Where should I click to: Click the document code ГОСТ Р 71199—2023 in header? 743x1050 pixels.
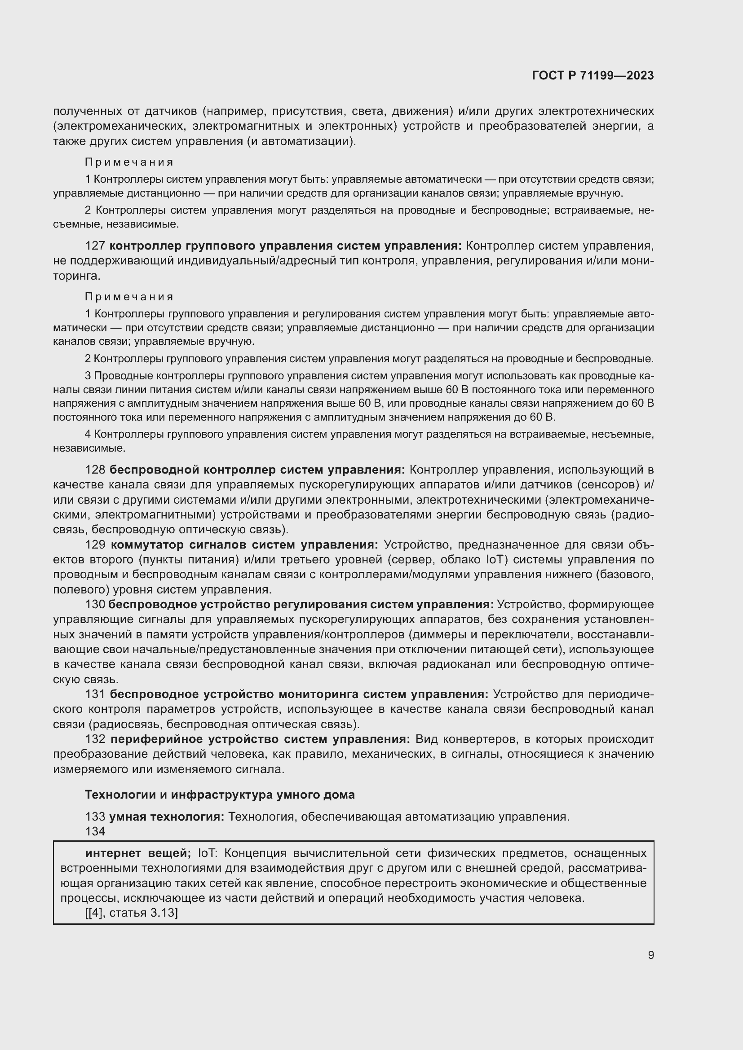(x=593, y=75)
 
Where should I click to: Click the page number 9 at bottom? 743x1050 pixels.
(x=650, y=955)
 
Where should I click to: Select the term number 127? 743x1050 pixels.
(x=95, y=246)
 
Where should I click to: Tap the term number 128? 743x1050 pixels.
(x=95, y=470)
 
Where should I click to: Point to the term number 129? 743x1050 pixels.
(x=95, y=545)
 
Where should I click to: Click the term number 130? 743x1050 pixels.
(x=95, y=605)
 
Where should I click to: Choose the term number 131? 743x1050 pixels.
(x=95, y=694)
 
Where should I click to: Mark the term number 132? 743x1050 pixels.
(x=95, y=739)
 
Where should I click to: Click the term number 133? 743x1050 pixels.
(x=95, y=816)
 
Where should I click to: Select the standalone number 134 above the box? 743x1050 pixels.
(x=95, y=831)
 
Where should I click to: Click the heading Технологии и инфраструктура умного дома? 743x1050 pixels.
(x=220, y=795)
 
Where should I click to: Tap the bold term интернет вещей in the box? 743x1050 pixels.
(x=138, y=853)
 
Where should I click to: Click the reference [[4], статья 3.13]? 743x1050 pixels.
(x=131, y=913)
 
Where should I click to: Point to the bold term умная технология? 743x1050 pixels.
(x=167, y=816)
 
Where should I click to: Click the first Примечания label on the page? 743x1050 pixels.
(x=129, y=163)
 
